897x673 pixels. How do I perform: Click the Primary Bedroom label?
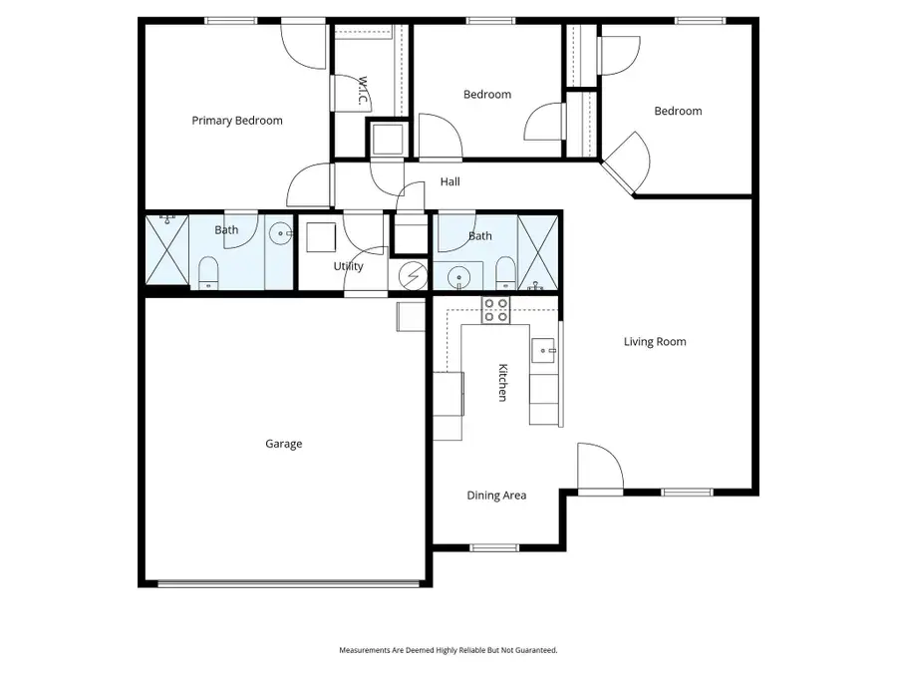point(237,121)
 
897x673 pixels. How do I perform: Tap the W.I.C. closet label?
point(365,91)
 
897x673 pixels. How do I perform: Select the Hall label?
point(449,182)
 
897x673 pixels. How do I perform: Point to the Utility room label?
point(349,266)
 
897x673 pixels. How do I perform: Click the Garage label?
point(283,444)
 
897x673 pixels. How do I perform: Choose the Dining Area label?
point(496,496)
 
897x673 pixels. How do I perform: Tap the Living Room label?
point(655,342)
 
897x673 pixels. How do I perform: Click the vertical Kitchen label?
point(503,382)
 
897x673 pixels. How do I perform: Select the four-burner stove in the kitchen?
point(495,310)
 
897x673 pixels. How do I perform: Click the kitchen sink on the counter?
point(544,349)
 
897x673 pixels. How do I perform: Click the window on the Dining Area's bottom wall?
point(495,546)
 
